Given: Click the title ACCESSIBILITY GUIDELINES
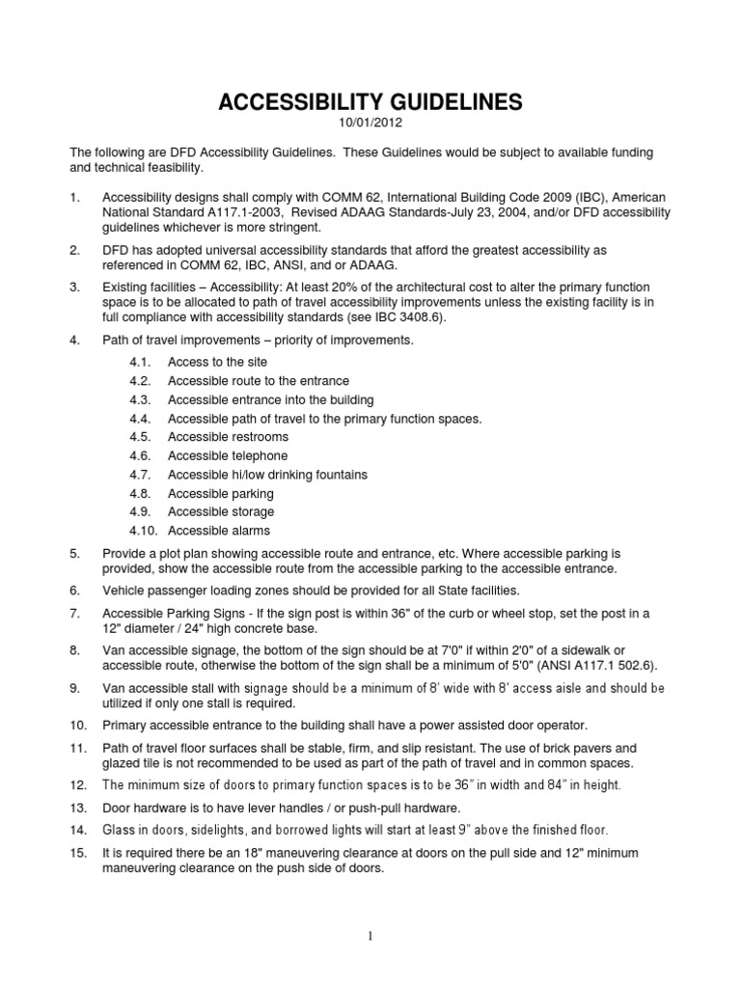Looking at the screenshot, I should coord(370,102).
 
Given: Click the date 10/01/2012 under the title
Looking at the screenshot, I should coord(370,123).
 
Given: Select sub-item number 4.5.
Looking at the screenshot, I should coord(142,437).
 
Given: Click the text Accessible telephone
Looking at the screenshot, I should coord(228,455).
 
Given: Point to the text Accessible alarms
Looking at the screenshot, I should coord(219,531).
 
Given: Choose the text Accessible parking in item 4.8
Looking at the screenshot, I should coord(221,493).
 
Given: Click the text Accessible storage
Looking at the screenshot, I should coord(221,511).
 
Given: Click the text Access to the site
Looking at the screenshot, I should coord(217,362).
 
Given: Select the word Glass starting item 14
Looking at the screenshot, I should coord(120,830).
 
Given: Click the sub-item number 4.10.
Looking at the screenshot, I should coord(145,531).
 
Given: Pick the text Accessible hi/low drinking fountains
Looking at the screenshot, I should coord(267,475).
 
